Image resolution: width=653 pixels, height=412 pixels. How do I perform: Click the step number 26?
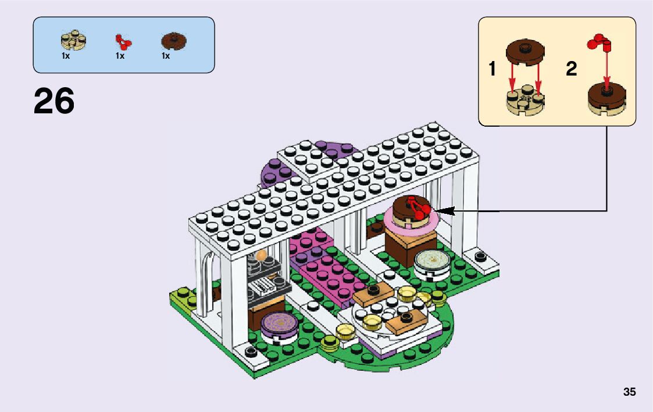click(54, 102)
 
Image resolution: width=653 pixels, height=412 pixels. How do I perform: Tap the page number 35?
click(629, 392)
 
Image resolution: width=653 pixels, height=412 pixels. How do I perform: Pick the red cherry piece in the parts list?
click(123, 41)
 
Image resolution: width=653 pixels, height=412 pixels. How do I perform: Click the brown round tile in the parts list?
click(173, 41)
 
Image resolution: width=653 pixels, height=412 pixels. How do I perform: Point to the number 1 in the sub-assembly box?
click(493, 69)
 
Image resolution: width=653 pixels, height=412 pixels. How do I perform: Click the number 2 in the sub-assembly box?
click(572, 69)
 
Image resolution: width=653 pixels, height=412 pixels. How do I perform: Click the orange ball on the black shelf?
click(261, 255)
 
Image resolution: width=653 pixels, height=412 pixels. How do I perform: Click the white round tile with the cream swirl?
click(431, 259)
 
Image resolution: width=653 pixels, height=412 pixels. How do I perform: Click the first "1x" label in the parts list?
click(66, 56)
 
